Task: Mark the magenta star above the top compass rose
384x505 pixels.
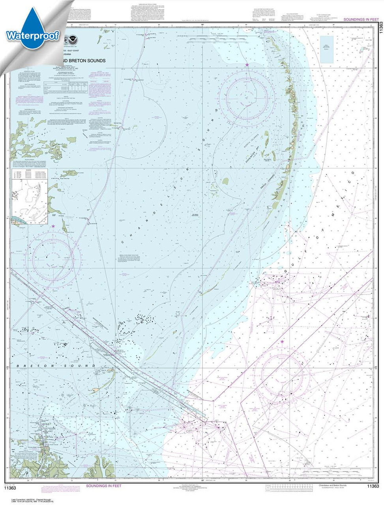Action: coord(247,65)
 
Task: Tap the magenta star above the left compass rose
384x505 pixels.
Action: coord(53,226)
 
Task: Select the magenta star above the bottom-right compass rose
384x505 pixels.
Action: coord(282,342)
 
